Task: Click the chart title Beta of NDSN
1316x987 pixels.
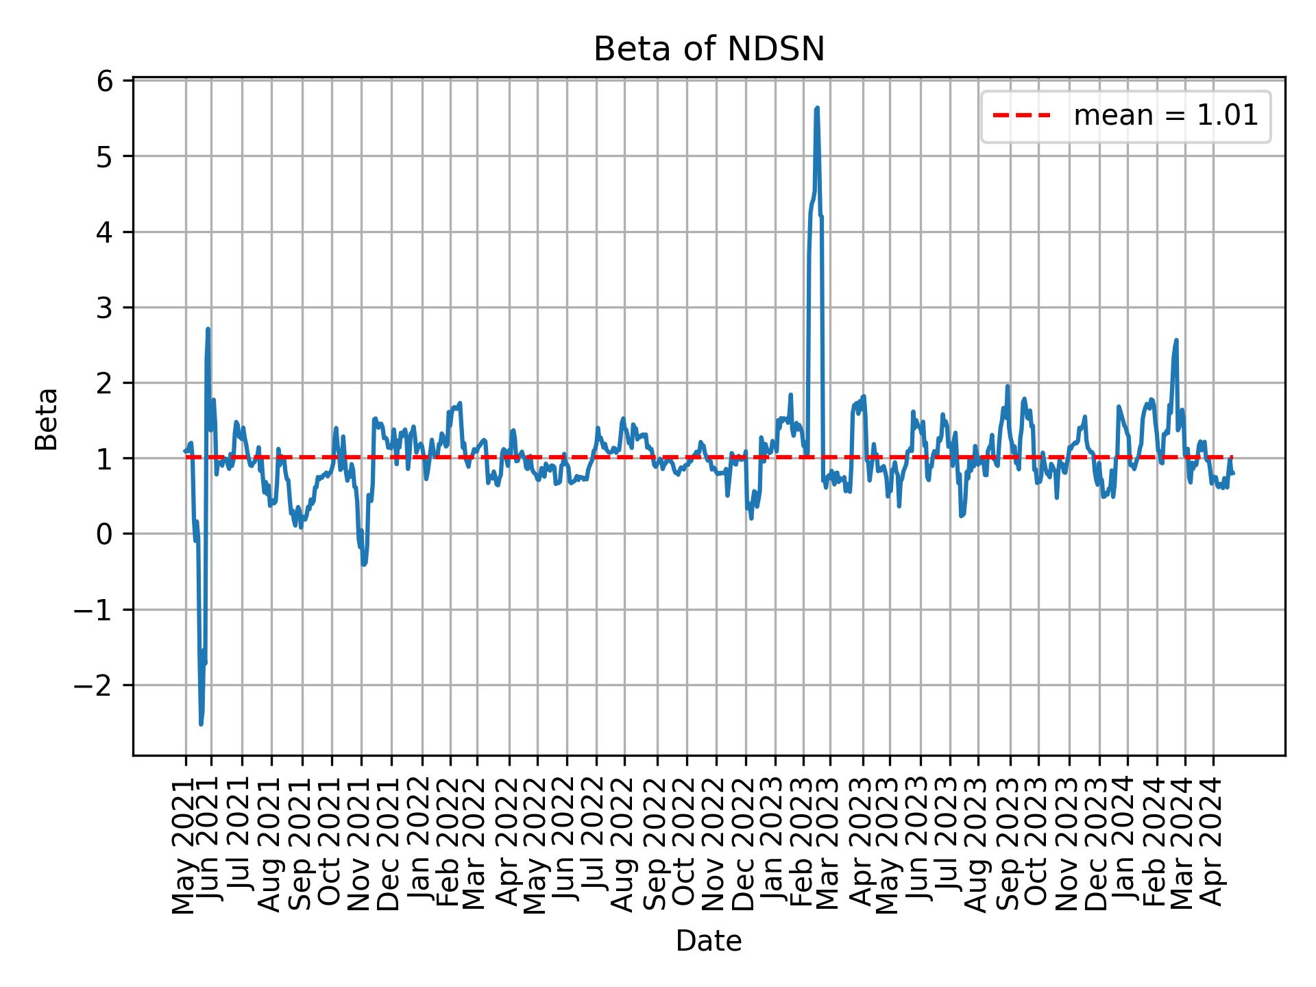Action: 708,49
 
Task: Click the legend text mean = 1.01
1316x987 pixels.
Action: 1165,116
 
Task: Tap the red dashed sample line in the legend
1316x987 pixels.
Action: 1021,116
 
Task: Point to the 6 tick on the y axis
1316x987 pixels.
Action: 104,82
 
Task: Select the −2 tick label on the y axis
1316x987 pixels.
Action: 93,685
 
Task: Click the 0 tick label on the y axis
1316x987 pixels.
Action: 104,534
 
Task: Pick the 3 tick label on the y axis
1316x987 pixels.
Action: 104,308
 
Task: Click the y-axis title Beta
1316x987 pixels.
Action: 47,419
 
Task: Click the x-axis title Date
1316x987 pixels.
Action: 708,942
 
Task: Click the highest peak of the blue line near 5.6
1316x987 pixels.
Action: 816,108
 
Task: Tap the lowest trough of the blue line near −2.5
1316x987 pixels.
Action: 201,724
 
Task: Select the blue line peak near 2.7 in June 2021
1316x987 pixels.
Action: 208,330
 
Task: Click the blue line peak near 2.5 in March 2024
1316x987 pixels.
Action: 1176,341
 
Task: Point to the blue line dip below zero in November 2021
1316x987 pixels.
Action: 363,563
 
